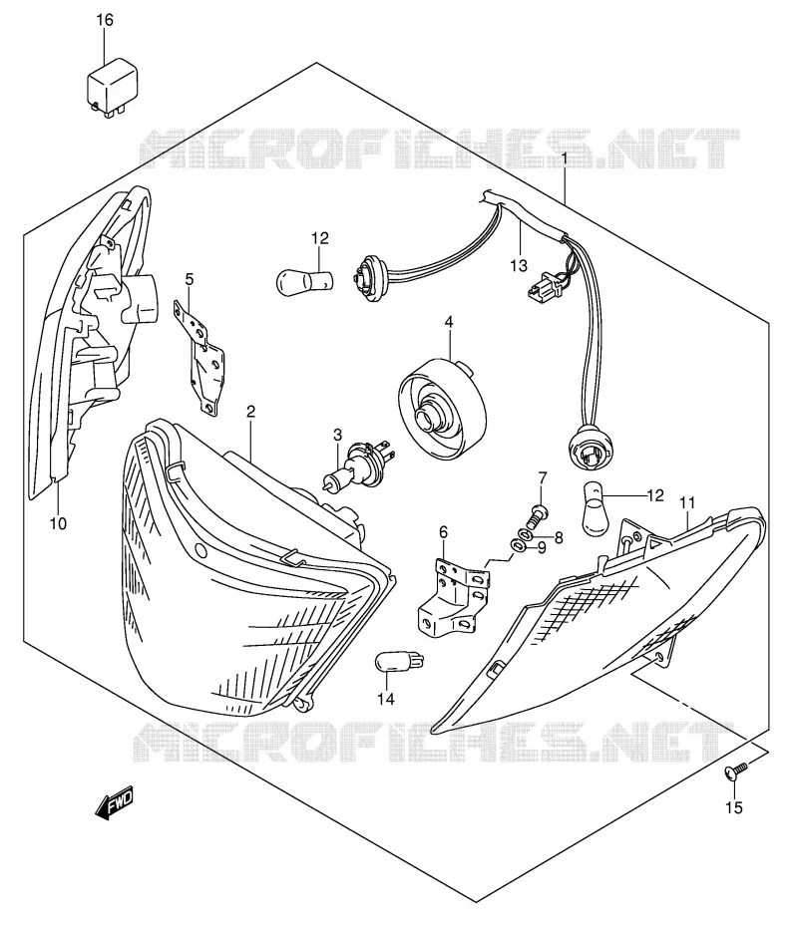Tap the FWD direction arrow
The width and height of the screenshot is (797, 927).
(115, 801)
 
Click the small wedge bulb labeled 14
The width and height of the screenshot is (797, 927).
(400, 661)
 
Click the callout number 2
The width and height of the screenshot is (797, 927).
(251, 412)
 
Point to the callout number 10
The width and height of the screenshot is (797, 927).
(59, 522)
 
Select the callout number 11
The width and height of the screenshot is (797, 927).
(687, 503)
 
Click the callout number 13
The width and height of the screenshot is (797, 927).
(519, 265)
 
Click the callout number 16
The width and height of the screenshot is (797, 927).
(104, 20)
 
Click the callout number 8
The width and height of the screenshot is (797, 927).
(558, 537)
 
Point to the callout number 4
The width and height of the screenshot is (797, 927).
(449, 322)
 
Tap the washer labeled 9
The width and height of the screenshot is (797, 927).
(518, 543)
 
